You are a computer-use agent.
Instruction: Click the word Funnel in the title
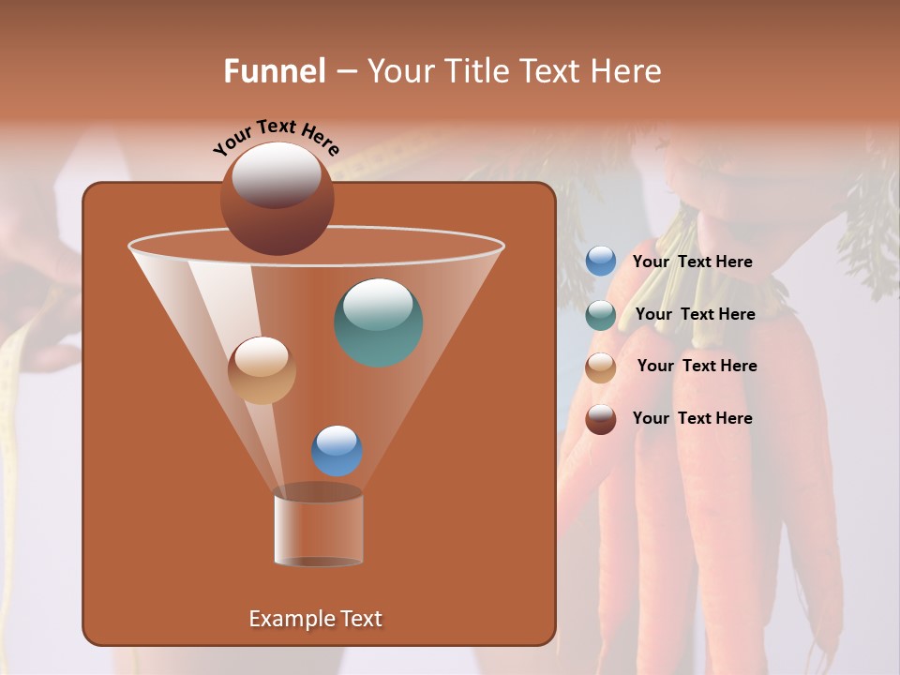click(275, 71)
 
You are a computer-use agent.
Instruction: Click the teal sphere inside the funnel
click(379, 322)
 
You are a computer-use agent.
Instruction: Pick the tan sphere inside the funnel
click(262, 370)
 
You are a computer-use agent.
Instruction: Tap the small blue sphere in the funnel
click(337, 451)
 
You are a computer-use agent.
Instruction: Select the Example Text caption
click(315, 619)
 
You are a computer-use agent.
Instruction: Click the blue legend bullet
click(601, 262)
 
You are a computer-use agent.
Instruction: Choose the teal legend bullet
click(601, 315)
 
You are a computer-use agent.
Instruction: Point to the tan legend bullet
click(601, 367)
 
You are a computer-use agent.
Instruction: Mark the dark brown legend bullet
click(601, 419)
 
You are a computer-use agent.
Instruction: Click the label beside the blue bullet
click(692, 262)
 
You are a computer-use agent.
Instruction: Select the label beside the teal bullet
click(695, 315)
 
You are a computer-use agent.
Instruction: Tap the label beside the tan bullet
click(697, 367)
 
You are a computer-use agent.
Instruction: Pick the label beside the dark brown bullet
click(692, 418)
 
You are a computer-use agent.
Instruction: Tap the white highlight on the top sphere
click(276, 173)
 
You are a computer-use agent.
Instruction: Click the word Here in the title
click(625, 71)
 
